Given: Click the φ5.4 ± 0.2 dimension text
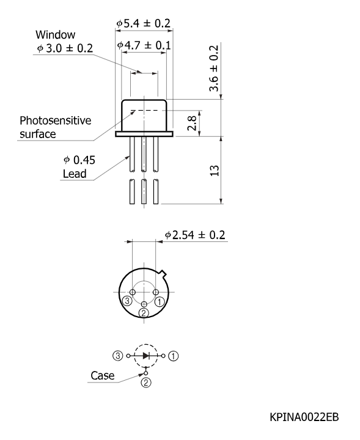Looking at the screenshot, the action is click(x=144, y=23).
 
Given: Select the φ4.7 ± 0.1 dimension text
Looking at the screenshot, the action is click(x=144, y=45).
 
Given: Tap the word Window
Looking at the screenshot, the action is click(x=55, y=35).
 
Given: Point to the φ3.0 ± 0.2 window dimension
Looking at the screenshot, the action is click(x=65, y=48).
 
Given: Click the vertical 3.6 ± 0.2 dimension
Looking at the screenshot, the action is click(x=214, y=68).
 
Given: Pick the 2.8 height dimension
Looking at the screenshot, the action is click(x=192, y=123).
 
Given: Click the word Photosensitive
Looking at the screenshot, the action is click(x=55, y=120).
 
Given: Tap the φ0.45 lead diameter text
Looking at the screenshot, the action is click(x=79, y=160).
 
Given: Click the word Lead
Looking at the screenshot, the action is click(x=75, y=174).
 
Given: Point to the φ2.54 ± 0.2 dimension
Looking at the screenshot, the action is click(x=195, y=235).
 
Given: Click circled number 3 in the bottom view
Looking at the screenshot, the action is click(x=127, y=301).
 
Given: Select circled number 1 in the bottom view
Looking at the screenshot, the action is click(x=160, y=302).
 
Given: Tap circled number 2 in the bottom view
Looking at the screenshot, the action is click(x=144, y=313).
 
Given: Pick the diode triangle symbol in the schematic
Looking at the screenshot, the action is click(x=146, y=356).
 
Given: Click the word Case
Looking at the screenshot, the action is click(x=103, y=375).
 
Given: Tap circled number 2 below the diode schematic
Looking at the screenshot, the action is click(x=146, y=383).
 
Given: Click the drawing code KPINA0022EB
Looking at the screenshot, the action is click(x=304, y=417).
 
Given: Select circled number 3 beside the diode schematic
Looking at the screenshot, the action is click(x=118, y=356).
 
